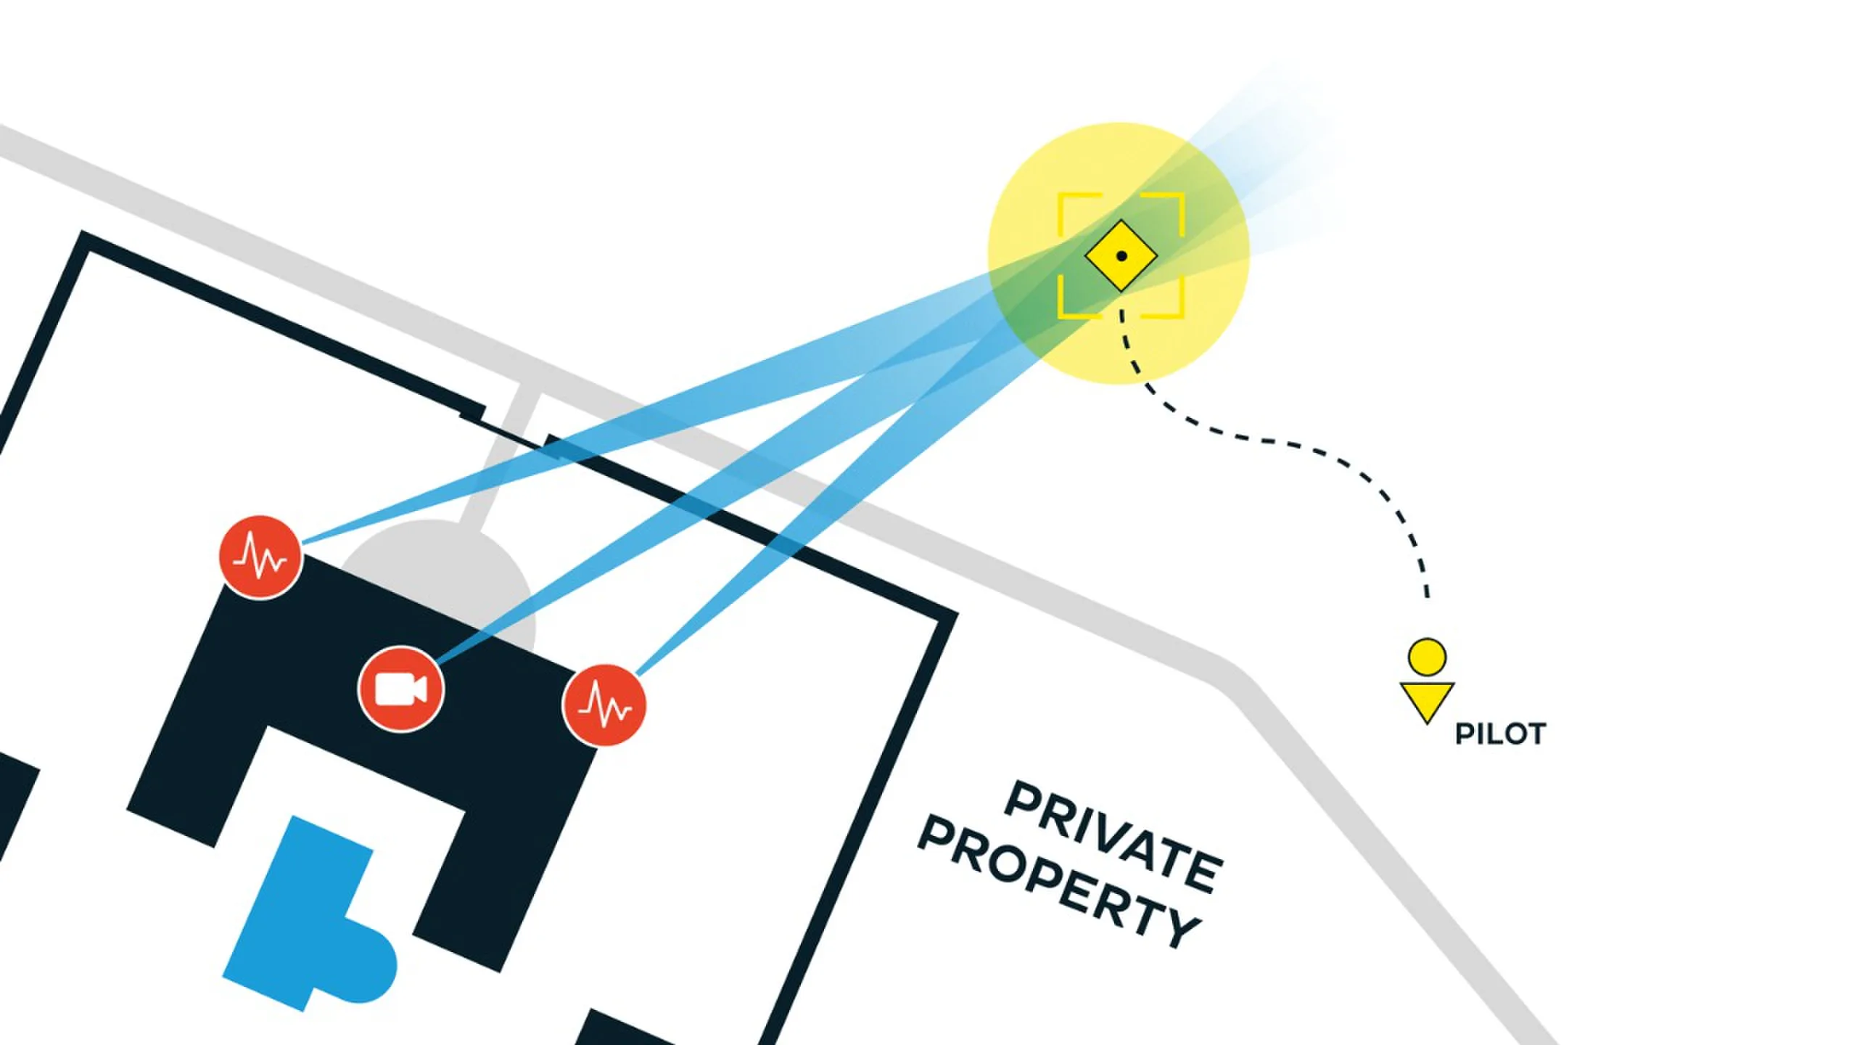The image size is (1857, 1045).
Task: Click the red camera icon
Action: click(401, 689)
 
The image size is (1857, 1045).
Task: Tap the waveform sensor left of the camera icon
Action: click(260, 557)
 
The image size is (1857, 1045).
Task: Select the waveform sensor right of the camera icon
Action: click(604, 705)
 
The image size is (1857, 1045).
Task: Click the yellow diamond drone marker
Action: click(1121, 255)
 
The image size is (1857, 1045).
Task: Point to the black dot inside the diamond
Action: click(1121, 255)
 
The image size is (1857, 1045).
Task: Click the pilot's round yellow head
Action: click(1427, 657)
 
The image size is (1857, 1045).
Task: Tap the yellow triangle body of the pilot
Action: click(1427, 698)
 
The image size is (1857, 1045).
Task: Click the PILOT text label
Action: click(1500, 734)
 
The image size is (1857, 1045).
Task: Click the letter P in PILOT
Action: click(1464, 734)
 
